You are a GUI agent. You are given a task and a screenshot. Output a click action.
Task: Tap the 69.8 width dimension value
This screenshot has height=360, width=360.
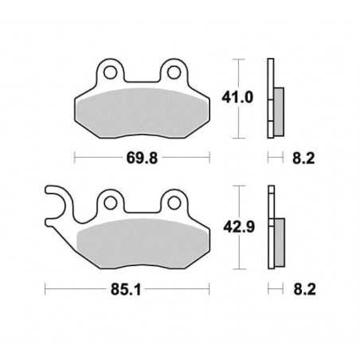click(x=145, y=158)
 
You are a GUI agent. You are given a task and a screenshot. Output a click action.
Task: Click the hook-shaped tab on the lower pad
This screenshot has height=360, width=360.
click(x=57, y=201)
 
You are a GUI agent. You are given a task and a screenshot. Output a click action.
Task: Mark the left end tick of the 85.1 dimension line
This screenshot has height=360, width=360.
click(x=45, y=289)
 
